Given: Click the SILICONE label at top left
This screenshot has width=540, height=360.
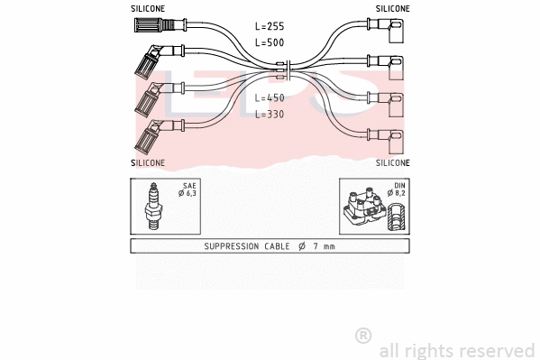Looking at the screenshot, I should (148, 8).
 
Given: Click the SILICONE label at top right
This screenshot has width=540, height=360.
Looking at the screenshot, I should (392, 8).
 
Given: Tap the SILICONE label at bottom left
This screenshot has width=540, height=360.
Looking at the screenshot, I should (148, 163).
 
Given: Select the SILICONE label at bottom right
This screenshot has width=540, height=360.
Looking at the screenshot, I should (392, 163).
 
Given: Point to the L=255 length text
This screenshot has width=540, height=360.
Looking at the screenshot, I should (270, 28).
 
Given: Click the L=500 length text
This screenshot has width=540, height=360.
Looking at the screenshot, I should (270, 42).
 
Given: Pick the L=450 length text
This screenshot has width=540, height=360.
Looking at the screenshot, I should (270, 98).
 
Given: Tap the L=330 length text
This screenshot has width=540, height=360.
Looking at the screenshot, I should (270, 115).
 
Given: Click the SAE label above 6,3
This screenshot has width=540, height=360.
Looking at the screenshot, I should (189, 185).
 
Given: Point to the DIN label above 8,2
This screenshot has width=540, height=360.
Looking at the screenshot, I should (399, 185).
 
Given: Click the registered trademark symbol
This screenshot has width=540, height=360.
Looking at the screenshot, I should (363, 336).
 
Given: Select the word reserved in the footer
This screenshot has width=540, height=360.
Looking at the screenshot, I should (499, 350).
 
